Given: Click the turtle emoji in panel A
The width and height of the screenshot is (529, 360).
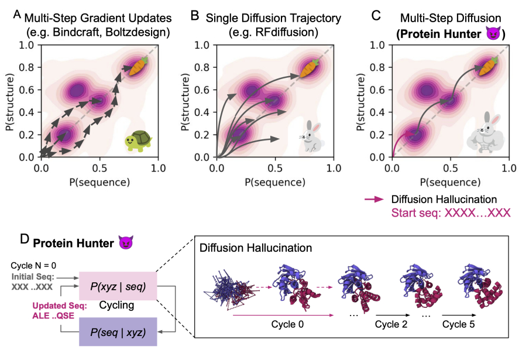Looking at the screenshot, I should pyautogui.click(x=138, y=141).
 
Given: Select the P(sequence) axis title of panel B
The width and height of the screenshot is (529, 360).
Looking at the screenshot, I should pyautogui.click(x=274, y=181).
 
